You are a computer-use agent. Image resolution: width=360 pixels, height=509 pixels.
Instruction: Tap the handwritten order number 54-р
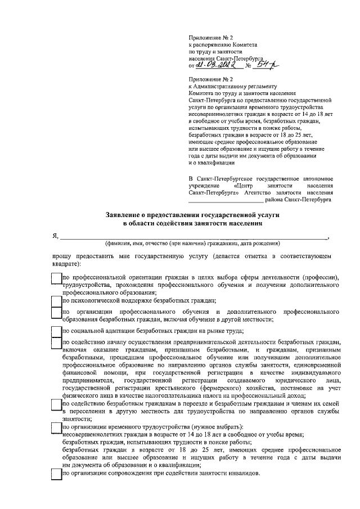[x=261, y=66]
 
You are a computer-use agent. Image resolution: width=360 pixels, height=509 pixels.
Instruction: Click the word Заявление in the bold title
[x=127, y=215]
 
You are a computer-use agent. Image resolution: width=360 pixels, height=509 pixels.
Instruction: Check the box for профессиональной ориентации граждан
[x=56, y=278]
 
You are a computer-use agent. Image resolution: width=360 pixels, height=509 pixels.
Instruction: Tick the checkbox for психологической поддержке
[x=56, y=300]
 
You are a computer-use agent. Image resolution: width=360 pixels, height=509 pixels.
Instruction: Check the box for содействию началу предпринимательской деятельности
[x=56, y=343]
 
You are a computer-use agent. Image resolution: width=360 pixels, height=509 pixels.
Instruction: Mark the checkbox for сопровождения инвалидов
[x=56, y=474]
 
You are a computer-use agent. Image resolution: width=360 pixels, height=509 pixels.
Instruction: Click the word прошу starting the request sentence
[x=55, y=256]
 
